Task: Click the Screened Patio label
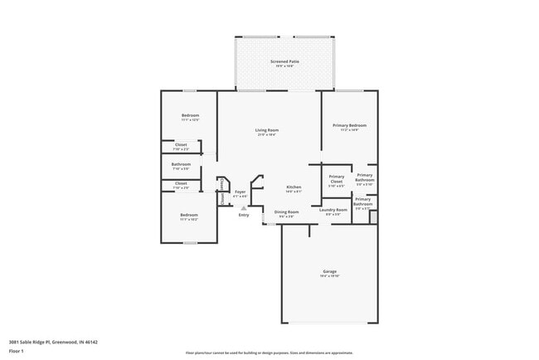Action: click(284, 62)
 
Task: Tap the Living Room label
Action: click(266, 130)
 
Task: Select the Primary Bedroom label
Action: click(350, 125)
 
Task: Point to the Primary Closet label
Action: click(336, 177)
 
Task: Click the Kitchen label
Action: click(294, 187)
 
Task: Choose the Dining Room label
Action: click(287, 212)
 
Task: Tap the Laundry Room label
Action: click(333, 210)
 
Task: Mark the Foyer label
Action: click(240, 192)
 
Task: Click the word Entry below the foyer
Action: click(244, 216)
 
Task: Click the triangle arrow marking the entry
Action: click(244, 207)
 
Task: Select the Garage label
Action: click(329, 271)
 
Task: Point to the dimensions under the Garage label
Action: click(329, 276)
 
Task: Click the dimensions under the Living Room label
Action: click(266, 135)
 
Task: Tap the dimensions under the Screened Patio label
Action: click(284, 67)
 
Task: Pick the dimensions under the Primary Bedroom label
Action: click(350, 130)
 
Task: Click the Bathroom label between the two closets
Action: click(181, 163)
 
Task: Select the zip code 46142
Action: click(91, 341)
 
